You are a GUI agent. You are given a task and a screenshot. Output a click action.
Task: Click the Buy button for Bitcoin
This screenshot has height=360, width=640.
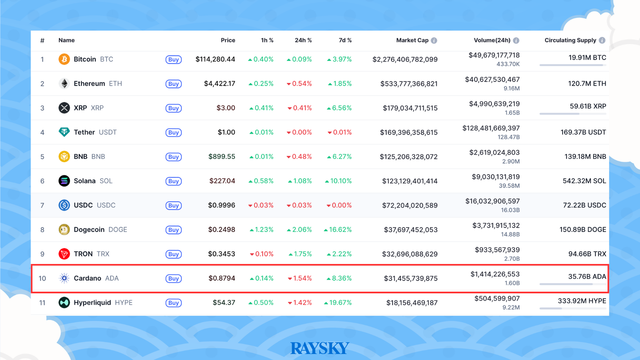click(173, 60)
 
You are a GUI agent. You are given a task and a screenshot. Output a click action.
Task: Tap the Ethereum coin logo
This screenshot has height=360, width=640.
click(64, 83)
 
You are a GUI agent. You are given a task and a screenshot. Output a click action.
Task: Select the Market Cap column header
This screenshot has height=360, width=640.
click(412, 40)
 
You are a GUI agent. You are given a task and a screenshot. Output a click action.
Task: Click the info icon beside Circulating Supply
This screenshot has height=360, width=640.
click(602, 40)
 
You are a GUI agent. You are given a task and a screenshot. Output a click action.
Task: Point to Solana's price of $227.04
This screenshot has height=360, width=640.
click(222, 181)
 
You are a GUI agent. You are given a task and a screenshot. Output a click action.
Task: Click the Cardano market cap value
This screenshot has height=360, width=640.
click(411, 278)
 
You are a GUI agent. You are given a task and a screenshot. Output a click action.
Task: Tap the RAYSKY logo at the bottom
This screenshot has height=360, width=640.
click(320, 348)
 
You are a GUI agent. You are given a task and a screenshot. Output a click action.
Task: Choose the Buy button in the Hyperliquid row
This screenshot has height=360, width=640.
click(173, 303)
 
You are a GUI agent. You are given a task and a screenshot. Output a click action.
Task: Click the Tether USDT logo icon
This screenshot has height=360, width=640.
click(64, 132)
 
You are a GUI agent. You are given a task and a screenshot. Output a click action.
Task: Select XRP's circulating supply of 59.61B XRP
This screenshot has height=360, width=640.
click(588, 106)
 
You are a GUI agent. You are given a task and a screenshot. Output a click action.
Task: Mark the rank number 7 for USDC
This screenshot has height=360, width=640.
click(42, 205)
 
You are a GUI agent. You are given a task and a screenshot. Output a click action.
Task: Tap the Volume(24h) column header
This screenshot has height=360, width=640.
click(492, 40)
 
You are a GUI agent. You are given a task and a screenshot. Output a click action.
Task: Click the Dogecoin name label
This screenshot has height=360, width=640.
click(89, 230)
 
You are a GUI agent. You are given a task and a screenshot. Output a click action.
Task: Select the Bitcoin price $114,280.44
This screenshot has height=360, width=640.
click(215, 59)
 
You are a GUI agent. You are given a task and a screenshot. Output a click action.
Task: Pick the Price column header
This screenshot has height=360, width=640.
click(228, 40)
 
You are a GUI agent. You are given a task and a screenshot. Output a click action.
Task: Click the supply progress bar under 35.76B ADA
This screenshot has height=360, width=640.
click(573, 284)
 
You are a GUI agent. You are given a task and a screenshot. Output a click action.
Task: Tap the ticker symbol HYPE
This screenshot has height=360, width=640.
click(124, 303)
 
